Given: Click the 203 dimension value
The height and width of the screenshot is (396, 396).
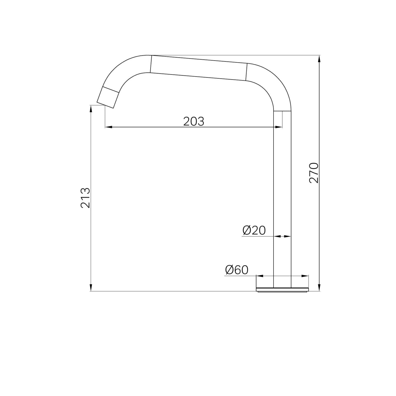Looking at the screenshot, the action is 194,121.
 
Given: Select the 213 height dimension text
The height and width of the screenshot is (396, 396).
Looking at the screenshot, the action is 85,198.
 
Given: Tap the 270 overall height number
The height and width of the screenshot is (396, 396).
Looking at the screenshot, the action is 314,173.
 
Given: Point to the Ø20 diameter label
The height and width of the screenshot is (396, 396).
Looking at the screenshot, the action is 254,230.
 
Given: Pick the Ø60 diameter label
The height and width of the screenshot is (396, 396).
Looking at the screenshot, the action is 237,270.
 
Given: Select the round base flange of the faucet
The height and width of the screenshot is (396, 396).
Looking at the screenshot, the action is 282,289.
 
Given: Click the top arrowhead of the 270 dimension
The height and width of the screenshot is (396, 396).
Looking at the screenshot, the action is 319,59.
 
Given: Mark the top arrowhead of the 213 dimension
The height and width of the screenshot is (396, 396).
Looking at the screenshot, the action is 91,109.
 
